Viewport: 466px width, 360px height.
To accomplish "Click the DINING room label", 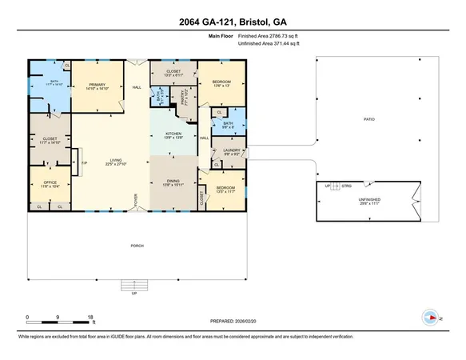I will [173, 182].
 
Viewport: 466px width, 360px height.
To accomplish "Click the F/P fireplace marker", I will [83, 164].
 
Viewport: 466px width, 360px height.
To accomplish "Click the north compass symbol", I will [432, 318].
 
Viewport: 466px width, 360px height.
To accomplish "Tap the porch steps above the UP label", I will [134, 284].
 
